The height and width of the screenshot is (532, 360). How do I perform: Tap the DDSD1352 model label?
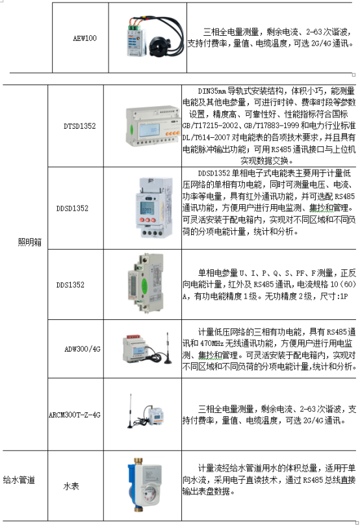(72, 208)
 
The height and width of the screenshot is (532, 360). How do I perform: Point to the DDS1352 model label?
(70, 284)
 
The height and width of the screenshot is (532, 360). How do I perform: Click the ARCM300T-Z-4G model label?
(75, 414)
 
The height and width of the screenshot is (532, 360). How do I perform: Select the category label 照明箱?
(29, 242)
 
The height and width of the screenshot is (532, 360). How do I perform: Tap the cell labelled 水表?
(71, 486)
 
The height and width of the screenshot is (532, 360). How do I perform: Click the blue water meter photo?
(145, 485)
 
